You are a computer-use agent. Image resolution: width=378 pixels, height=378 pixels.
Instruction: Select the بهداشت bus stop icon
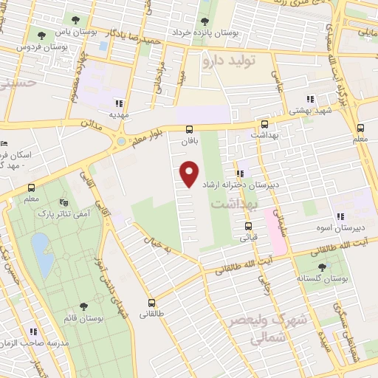point(264,125)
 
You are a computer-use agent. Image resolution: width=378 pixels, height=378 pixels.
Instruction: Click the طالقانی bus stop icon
point(152,303)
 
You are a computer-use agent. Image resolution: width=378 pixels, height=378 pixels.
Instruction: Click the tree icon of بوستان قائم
point(83,305)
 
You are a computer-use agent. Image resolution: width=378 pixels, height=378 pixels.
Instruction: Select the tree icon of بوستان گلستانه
point(327,269)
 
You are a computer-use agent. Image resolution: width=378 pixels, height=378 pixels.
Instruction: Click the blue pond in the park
point(42,252)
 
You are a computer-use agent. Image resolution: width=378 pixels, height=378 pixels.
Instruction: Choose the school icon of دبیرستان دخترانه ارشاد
point(240,173)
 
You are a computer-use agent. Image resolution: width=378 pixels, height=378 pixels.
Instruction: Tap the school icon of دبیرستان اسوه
point(340,216)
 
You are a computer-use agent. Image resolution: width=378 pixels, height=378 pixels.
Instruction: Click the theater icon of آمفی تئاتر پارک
point(62,201)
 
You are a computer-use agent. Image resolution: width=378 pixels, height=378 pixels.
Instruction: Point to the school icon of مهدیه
point(119,103)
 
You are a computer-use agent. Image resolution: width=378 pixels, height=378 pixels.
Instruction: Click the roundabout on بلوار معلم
point(121,140)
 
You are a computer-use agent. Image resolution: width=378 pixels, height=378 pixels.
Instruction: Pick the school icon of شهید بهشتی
point(311,98)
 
